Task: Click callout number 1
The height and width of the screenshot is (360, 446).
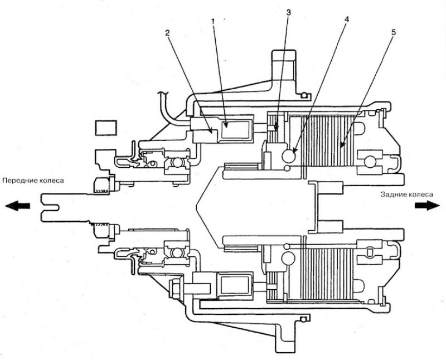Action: [x=212, y=21]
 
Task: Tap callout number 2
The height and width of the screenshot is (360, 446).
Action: [x=167, y=33]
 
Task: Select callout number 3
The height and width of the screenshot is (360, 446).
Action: [x=288, y=12]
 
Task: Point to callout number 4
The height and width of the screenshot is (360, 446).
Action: [x=346, y=19]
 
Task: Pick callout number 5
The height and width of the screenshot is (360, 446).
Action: [x=393, y=32]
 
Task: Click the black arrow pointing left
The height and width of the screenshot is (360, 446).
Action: [x=17, y=206]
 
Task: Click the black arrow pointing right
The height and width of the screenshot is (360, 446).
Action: [x=427, y=205]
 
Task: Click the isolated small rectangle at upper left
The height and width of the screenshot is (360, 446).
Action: [x=106, y=128]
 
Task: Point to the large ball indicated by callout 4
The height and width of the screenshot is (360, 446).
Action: [x=288, y=156]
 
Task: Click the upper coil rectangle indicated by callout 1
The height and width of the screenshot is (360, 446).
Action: [x=236, y=129]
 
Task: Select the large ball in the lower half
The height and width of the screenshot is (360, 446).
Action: [x=288, y=258]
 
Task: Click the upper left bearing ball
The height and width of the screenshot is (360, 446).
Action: [x=178, y=163]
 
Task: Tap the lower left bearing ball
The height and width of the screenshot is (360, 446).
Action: [x=177, y=252]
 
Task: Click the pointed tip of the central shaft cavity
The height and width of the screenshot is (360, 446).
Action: [x=196, y=205]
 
